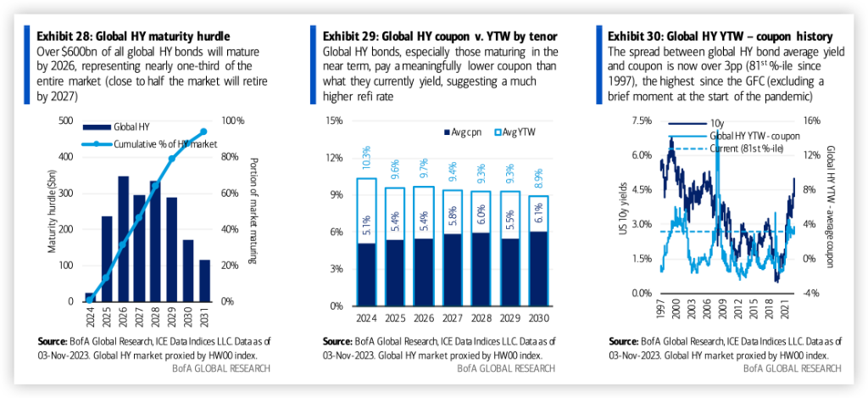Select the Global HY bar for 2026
[x=124, y=238]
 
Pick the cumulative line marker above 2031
[x=204, y=132]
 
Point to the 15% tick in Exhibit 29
[x=331, y=121]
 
